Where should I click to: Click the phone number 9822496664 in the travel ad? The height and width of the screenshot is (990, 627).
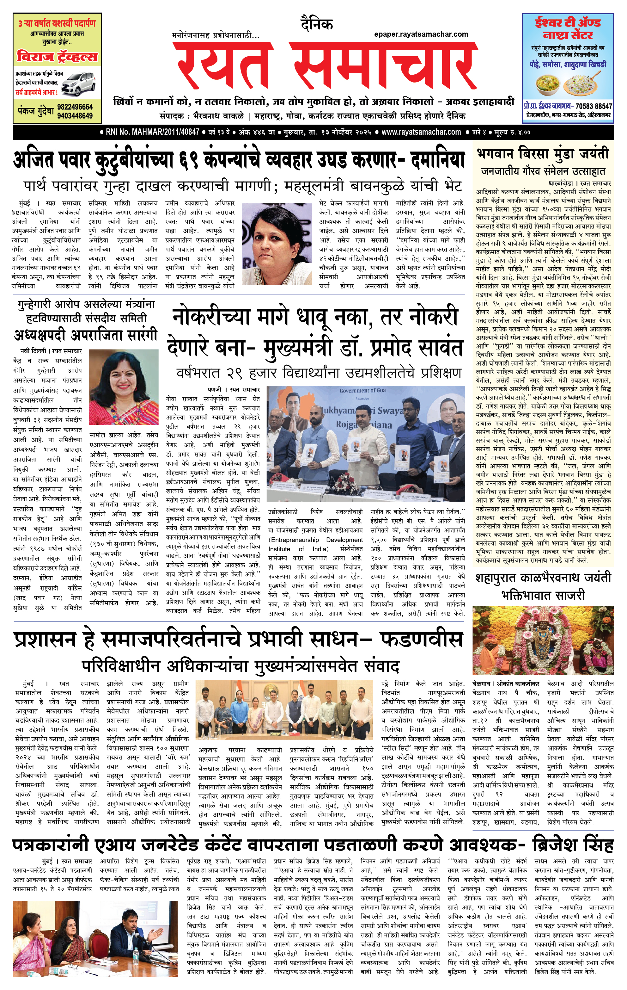coord(75,107)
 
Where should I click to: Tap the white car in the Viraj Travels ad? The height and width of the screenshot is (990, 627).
coord(78,84)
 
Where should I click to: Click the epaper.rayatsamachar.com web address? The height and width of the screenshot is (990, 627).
coord(421,34)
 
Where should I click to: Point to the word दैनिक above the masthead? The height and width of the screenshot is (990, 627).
coord(316,24)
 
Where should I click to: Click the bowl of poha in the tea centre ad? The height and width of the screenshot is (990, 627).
coord(548,84)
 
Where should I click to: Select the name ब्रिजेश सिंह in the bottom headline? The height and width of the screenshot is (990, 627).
coord(573,846)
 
